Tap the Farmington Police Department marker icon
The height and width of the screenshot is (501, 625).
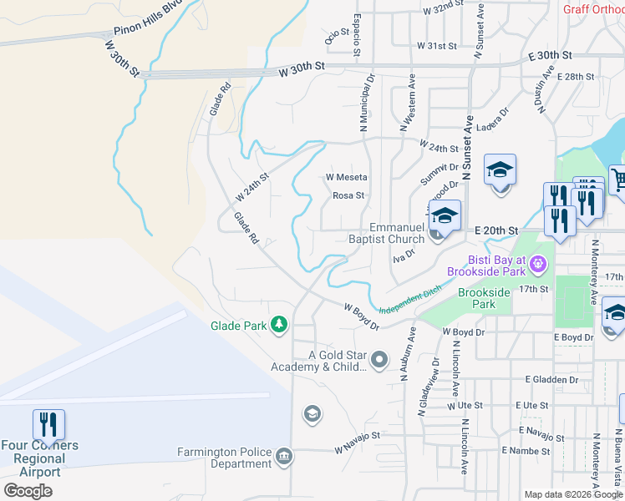[283, 458]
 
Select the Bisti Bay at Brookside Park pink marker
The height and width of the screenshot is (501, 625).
[539, 265]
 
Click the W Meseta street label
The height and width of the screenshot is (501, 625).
[347, 177]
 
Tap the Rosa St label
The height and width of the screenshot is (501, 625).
[348, 196]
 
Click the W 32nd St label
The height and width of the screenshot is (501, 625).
[443, 10]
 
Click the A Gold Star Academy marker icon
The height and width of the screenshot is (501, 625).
[379, 360]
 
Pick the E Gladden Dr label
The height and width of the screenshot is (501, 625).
[551, 379]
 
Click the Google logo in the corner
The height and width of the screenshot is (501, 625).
[28, 490]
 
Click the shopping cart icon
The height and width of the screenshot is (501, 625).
[619, 179]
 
